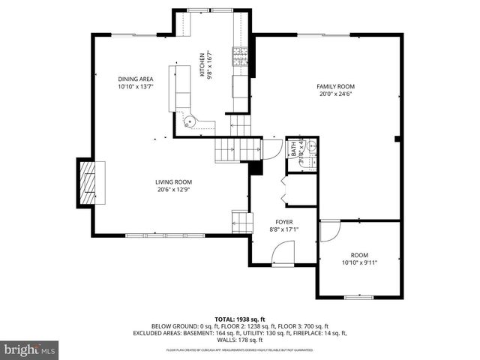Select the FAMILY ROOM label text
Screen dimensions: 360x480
pos(334,86)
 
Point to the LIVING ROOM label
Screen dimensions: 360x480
pos(174,181)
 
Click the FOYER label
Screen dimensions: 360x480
pos(283,221)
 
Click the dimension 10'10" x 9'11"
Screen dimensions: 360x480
pos(359,262)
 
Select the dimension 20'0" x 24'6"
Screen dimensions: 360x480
pos(334,94)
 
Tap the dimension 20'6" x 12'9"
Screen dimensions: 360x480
pos(174,189)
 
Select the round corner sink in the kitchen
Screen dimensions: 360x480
pos(188,120)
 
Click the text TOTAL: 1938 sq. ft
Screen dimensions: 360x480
pos(240,319)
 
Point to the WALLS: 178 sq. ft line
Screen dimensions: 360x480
pos(240,340)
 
